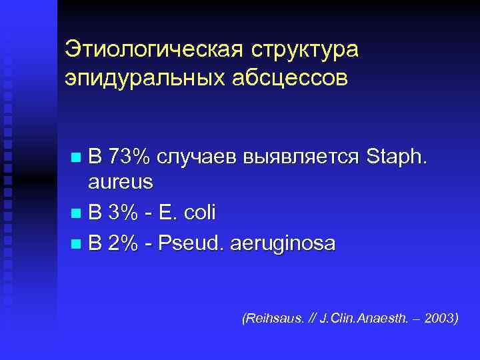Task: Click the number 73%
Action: pyautogui.click(x=129, y=158)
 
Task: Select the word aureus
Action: pyautogui.click(x=121, y=181)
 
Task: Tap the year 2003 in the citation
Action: pyautogui.click(x=441, y=319)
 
